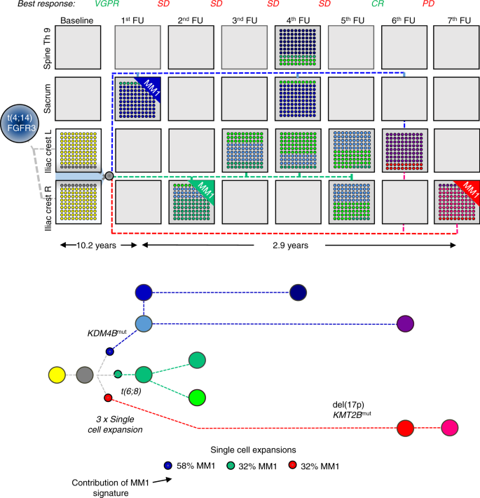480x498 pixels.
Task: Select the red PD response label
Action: pos(448,6)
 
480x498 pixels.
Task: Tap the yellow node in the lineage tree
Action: pos(57,375)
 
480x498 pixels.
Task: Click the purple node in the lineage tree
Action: pos(405,323)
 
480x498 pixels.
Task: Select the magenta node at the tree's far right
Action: pos(449,427)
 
